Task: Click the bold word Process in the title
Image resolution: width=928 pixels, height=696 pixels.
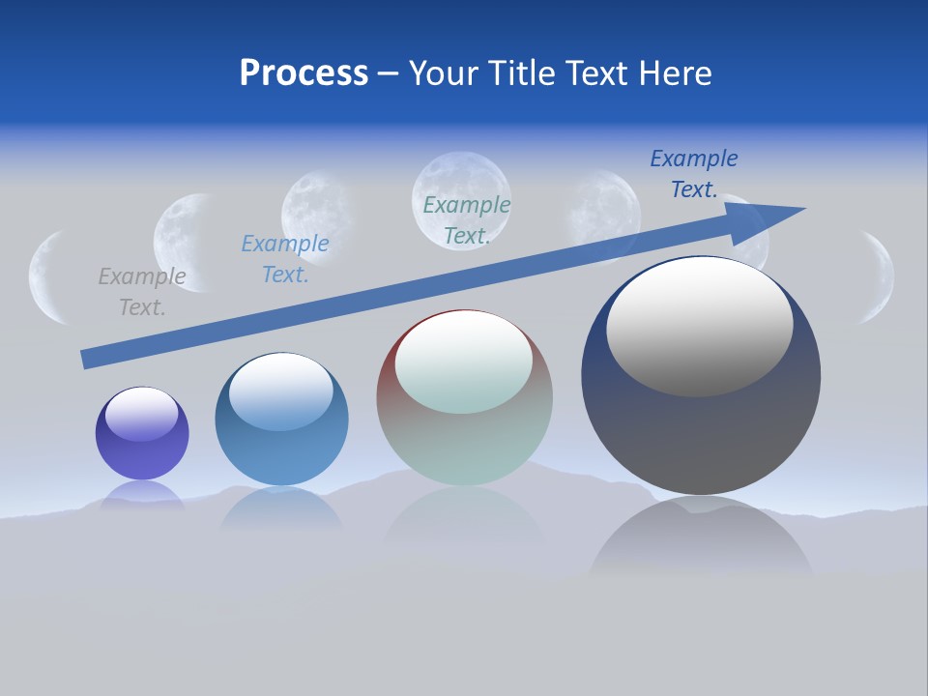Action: pyautogui.click(x=304, y=73)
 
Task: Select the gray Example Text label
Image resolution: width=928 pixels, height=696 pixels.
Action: pyautogui.click(x=142, y=292)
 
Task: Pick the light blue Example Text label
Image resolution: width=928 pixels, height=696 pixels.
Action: pyautogui.click(x=285, y=259)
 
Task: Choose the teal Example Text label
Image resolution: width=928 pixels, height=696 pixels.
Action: pyautogui.click(x=467, y=220)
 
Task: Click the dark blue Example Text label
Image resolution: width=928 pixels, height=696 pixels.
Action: pyautogui.click(x=694, y=174)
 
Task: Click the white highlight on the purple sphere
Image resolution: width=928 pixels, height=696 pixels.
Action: pyautogui.click(x=141, y=414)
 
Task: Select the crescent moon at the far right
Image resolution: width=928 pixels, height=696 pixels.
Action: pyautogui.click(x=878, y=276)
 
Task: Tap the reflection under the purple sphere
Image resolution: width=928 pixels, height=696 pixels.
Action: pyautogui.click(x=142, y=495)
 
